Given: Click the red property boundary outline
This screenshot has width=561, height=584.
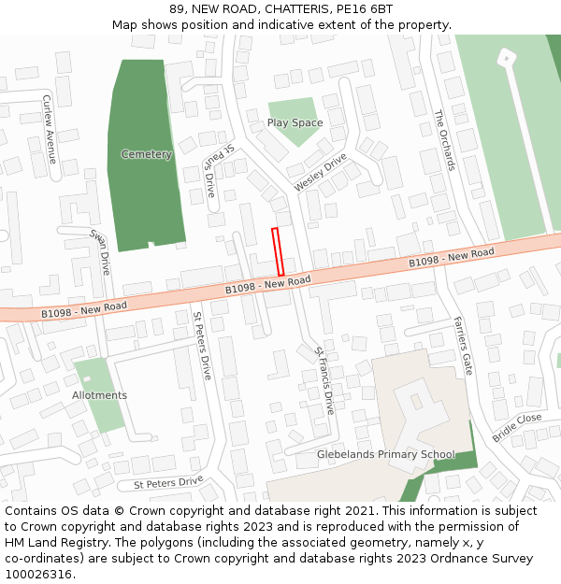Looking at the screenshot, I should point(278,251).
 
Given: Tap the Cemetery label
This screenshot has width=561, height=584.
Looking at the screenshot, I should point(147,154).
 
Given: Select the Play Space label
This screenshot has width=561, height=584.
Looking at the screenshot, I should point(295,123).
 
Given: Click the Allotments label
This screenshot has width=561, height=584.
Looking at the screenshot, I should point(99,395).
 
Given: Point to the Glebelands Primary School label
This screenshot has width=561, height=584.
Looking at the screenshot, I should point(386,455).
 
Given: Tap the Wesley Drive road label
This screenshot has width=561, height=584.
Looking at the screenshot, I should point(321,173).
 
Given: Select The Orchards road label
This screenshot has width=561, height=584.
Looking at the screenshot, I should point(445,140).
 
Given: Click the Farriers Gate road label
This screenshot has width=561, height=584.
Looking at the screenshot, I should point(464,345).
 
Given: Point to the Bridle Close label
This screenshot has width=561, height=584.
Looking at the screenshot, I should point(517,427).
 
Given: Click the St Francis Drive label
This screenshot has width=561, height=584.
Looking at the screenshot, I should point(324,380).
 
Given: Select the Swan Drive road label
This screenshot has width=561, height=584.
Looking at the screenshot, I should point(100,251).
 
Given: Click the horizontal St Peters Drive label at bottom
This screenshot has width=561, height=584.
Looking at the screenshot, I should point(168,483).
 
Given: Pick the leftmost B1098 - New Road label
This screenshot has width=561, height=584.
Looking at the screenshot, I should point(84,307).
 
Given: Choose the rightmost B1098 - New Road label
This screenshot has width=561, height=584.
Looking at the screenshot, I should point(452,259).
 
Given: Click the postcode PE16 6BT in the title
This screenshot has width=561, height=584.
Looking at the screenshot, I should point(362,9).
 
